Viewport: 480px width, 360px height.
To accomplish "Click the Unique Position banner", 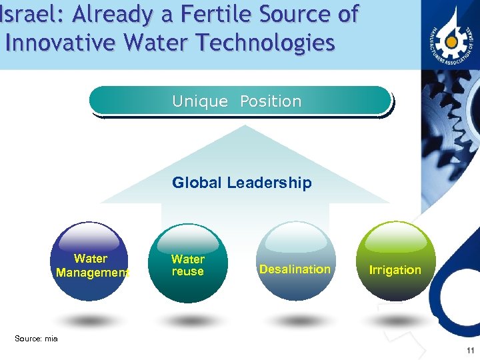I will tap(240, 101).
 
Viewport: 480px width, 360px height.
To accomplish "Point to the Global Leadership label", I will tap(241, 183).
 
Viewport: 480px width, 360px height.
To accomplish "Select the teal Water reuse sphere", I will tap(188, 263).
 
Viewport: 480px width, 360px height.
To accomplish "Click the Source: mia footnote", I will tap(36, 339).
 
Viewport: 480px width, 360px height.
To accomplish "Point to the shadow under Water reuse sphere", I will tap(189, 321).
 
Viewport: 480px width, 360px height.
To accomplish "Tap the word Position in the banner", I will tap(271, 101).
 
